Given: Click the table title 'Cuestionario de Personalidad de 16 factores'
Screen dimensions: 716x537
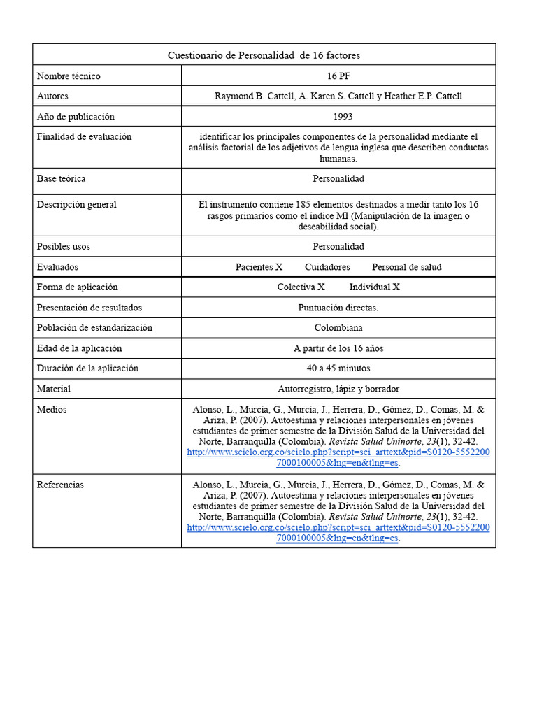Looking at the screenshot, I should coord(264,55).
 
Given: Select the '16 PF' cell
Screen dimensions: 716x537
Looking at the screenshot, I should coord(338,76).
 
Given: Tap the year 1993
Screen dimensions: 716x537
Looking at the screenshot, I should coord(338,117).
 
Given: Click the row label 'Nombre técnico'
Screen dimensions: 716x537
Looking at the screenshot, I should coord(69,76).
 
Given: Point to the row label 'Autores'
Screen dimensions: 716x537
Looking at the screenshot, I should coord(52,96).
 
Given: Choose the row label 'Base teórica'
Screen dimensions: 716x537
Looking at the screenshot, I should coord(61,178).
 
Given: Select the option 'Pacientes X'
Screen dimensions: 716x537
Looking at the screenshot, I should coord(259,266).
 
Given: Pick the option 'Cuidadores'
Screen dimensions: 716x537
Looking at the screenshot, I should coord(327,266).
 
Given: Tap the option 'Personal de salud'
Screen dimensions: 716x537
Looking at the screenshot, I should coord(406,266).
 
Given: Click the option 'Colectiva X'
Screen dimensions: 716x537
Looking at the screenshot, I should coord(301,287).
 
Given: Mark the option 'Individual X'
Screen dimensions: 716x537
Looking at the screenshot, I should coord(374,287).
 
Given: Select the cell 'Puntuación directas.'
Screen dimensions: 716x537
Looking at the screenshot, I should coord(338,307).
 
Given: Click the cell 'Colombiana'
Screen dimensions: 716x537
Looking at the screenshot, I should coord(338,327).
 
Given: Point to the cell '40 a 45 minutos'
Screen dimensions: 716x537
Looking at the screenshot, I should coord(338,368).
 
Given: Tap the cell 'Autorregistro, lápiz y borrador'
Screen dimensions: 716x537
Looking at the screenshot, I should coord(338,388).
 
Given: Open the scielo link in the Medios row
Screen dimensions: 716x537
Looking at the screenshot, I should coord(338,452).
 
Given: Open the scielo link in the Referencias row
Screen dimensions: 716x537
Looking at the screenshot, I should coord(338,527).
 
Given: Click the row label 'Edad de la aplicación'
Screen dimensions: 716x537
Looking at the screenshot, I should coord(79,348).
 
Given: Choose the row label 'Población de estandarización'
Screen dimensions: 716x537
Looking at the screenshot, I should coord(94,327).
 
